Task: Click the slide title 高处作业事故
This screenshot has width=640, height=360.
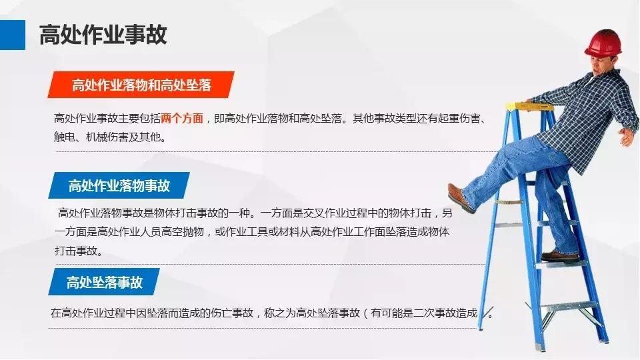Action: pyautogui.click(x=103, y=34)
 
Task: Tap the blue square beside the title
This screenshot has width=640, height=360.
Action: pyautogui.click(x=12, y=34)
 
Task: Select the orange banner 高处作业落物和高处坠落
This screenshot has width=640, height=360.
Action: pyautogui.click(x=141, y=85)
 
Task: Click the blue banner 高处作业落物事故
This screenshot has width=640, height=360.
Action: pyautogui.click(x=119, y=185)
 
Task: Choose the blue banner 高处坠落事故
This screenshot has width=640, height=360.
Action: pyautogui.click(x=104, y=282)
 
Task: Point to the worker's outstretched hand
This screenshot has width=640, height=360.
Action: pyautogui.click(x=627, y=137)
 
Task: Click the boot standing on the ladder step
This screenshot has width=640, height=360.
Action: pyautogui.click(x=559, y=255)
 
